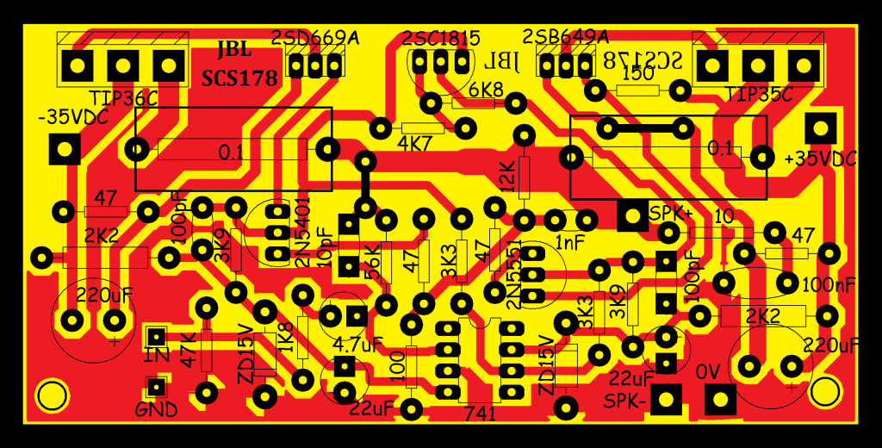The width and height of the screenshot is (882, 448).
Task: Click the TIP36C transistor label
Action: [x=123, y=97]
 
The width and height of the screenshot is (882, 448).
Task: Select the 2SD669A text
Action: [x=314, y=38]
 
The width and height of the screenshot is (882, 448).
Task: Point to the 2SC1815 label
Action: [x=440, y=39]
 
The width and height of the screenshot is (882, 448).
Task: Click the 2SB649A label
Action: [x=565, y=37]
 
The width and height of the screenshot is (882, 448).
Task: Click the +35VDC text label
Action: [x=821, y=159]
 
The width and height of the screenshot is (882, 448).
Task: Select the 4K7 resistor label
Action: [x=414, y=144]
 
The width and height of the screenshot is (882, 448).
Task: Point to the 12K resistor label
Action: [x=506, y=177]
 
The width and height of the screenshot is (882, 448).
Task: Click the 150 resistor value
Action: [x=637, y=75]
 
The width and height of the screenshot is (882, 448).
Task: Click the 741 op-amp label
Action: [x=480, y=414]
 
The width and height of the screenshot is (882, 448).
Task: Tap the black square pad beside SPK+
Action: [x=632, y=215]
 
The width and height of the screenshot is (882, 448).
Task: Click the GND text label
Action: [x=156, y=409]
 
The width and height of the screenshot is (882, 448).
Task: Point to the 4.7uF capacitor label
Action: [x=357, y=345]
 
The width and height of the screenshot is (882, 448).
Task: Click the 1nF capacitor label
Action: [x=570, y=244]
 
